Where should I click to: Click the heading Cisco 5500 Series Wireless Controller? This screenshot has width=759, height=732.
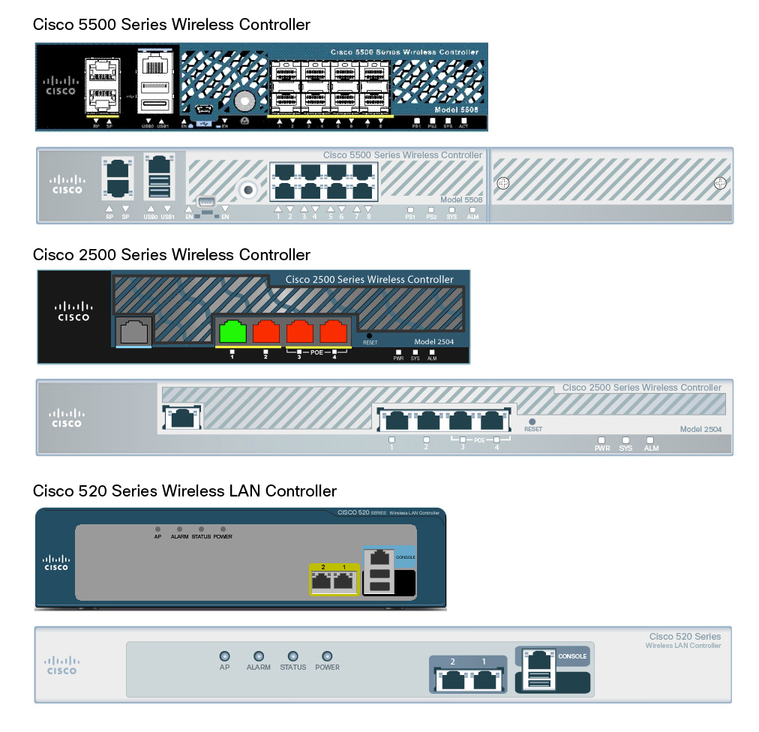tap(171, 25)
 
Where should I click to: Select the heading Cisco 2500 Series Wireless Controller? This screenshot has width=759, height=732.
tap(171, 255)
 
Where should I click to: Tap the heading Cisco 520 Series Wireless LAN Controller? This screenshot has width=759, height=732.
tap(184, 491)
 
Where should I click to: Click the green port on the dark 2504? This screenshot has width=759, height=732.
tap(232, 331)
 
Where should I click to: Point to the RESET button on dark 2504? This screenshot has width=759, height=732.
tap(369, 335)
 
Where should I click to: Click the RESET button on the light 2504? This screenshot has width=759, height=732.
tap(532, 421)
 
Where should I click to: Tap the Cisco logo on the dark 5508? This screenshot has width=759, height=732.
tap(61, 85)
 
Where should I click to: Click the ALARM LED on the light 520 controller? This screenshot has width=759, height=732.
tap(259, 655)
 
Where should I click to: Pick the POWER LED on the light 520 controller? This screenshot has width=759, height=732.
tap(327, 655)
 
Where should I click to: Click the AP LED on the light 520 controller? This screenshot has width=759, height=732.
tap(224, 655)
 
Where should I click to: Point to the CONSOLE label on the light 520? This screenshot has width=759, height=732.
tap(572, 656)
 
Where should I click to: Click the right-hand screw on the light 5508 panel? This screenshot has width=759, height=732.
tap(720, 182)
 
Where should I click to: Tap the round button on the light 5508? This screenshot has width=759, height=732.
tap(244, 187)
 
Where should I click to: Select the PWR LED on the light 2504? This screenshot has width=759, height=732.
tap(601, 440)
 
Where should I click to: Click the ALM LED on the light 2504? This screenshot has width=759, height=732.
tap(650, 440)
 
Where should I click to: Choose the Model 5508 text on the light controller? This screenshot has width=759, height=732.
tap(461, 199)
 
